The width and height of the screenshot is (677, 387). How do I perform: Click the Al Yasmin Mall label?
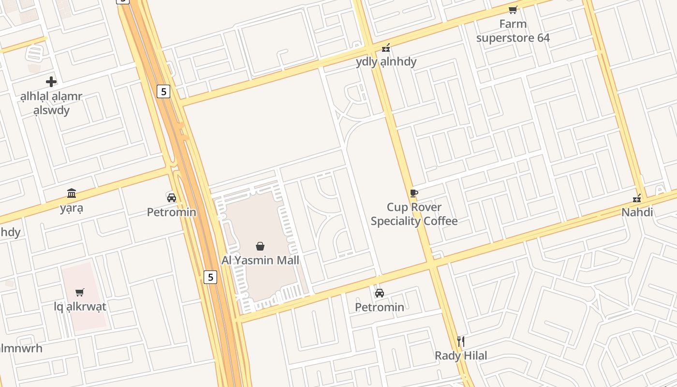tap(260, 260)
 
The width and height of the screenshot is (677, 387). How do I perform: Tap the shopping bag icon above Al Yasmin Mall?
tap(260, 246)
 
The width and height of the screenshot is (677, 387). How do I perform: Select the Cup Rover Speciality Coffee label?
tap(414, 214)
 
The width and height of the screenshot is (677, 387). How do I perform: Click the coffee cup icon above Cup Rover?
tap(413, 193)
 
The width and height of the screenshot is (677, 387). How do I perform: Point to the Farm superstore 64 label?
tap(513, 31)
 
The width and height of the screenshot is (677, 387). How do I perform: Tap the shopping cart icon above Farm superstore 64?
tap(513, 10)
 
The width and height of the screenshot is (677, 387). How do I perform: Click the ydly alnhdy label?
tap(386, 62)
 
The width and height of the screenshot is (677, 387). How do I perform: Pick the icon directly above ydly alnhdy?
tap(386, 48)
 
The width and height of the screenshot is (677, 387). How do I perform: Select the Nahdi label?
tap(637, 212)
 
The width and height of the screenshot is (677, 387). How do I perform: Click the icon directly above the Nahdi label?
tap(637, 198)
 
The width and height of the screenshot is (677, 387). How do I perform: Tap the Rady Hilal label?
tap(461, 356)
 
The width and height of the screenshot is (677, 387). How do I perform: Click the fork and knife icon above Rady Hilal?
tap(461, 342)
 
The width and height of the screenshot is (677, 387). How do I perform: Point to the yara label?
tap(72, 208)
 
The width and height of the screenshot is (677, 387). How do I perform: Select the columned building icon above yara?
tap(72, 193)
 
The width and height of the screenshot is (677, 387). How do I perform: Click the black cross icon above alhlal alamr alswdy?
tap(51, 82)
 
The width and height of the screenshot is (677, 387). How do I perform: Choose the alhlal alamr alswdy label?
tap(51, 103)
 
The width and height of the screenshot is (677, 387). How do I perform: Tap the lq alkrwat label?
tap(80, 306)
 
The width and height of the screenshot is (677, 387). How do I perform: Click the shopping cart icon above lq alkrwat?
tap(80, 292)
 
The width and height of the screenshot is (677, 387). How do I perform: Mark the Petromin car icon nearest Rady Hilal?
tap(380, 293)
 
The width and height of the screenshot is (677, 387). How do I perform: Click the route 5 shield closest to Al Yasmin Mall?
tap(210, 277)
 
